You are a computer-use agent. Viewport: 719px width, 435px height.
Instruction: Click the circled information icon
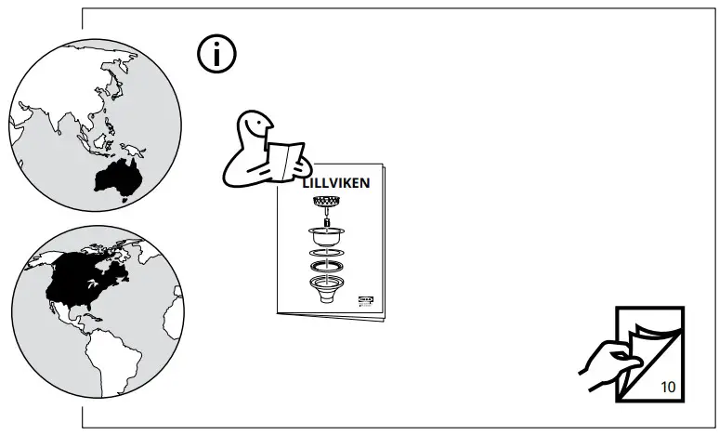click(x=216, y=56)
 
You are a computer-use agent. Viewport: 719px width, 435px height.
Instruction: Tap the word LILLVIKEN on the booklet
click(x=336, y=183)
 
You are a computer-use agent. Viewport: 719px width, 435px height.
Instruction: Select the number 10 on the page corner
click(x=669, y=387)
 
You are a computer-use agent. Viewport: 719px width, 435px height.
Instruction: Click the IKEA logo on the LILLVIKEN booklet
click(x=365, y=298)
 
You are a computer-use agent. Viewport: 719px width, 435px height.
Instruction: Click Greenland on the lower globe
click(x=130, y=246)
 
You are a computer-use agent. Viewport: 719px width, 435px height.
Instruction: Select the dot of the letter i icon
click(x=216, y=46)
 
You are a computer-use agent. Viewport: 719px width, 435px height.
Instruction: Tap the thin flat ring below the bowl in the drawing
click(x=325, y=253)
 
